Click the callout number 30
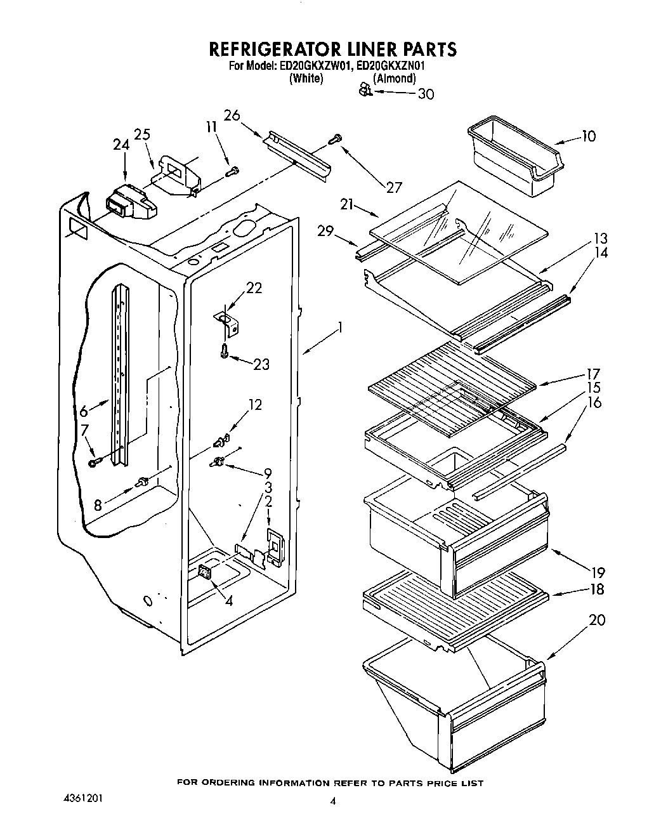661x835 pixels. (x=426, y=94)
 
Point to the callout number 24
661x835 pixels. (x=121, y=145)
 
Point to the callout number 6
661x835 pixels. (x=84, y=411)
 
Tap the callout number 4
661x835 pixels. (x=228, y=600)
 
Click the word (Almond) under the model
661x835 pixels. (x=394, y=79)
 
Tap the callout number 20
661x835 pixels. (x=596, y=620)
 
